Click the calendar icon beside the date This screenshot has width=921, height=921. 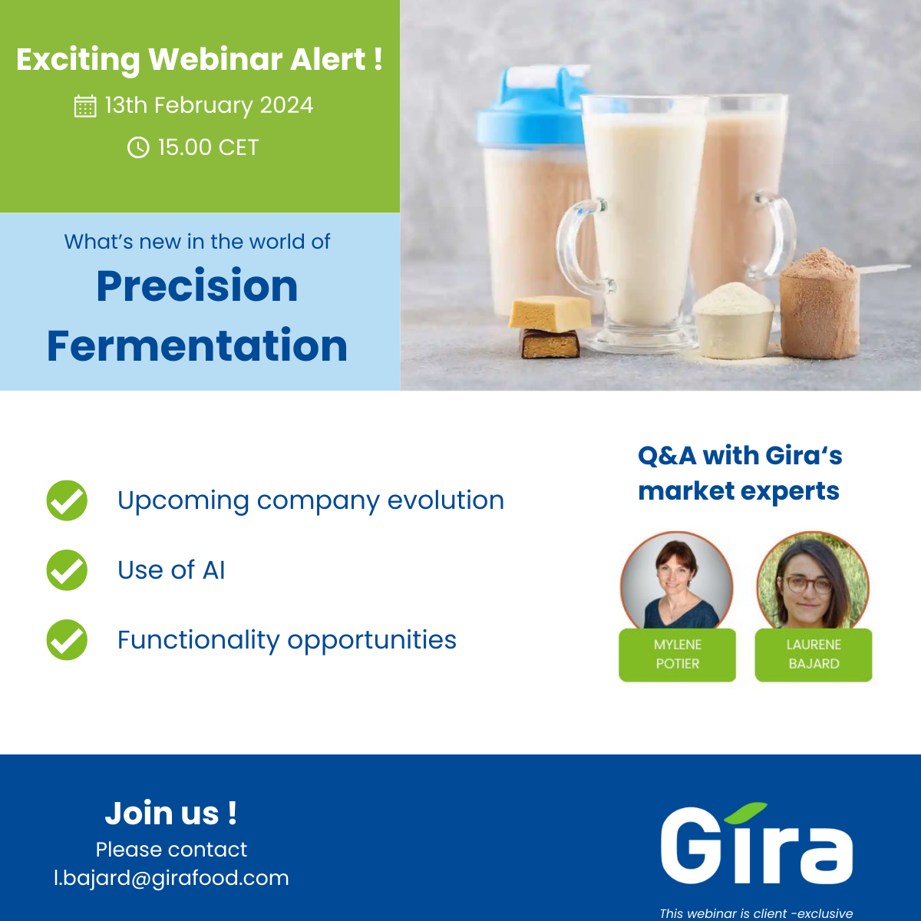tap(85, 106)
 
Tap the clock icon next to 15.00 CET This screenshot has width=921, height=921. tap(138, 147)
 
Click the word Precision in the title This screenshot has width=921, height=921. tap(197, 286)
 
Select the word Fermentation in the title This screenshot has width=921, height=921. tap(197, 346)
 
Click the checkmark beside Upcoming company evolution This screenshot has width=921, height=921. tap(67, 500)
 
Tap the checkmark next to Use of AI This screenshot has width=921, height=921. tap(67, 570)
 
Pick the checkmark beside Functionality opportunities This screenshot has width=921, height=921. tap(67, 640)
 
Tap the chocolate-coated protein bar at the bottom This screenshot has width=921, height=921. tap(550, 344)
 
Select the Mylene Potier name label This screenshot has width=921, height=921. tap(678, 655)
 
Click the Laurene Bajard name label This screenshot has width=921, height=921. tap(814, 655)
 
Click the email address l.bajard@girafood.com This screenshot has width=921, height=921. tap(171, 878)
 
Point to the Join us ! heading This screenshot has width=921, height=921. tap(170, 814)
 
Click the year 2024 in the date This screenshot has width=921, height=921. tap(286, 105)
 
